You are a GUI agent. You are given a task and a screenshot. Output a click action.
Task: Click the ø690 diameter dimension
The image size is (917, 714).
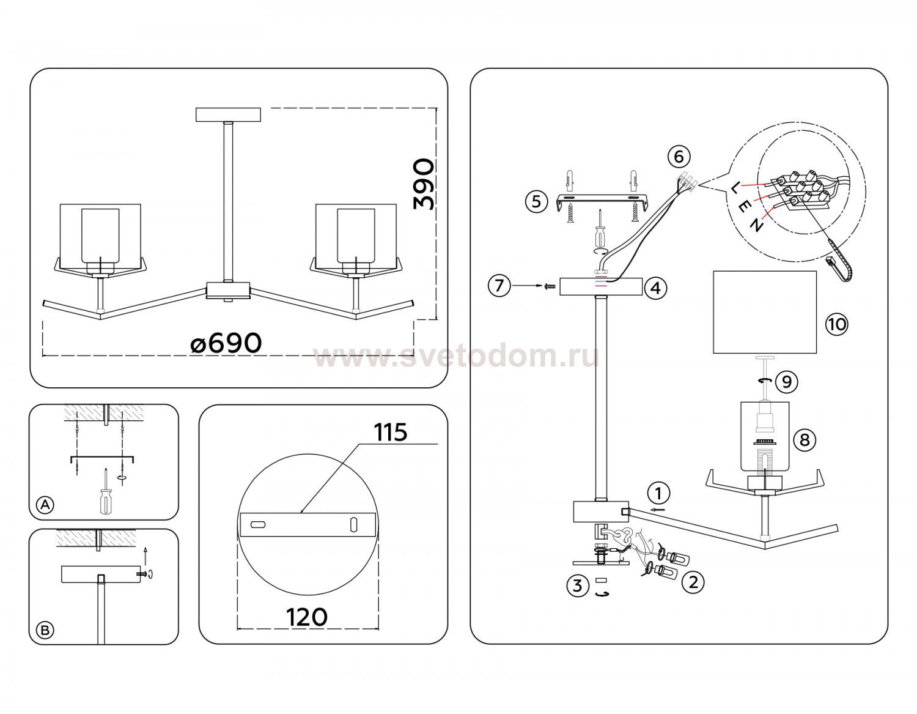tap(226, 343)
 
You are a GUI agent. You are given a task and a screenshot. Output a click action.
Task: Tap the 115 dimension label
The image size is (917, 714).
tap(391, 433)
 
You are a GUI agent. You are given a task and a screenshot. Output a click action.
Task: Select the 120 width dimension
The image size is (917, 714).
tap(307, 617)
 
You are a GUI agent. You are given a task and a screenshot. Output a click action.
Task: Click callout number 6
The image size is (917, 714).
tap(679, 156)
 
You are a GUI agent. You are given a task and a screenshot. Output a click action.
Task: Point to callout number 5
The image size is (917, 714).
tap(536, 201)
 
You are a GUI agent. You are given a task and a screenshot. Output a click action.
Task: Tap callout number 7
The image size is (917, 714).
tap(499, 286)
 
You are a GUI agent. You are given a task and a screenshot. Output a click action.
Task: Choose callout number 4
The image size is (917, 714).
tap(655, 288)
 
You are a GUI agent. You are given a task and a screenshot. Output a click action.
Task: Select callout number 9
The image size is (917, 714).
tap(787, 382)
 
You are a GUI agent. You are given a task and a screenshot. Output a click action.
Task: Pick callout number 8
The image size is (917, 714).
tap(805, 440)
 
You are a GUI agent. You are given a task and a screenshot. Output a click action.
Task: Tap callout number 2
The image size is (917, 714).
tap(693, 582)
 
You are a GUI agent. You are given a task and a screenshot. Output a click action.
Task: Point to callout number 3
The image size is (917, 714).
tap(577, 586)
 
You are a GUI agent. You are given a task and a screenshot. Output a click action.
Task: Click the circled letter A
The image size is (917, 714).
tap(46, 505)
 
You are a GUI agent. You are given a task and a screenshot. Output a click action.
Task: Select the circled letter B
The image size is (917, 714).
tap(45, 630)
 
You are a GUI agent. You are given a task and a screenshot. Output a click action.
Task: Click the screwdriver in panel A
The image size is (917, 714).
tap(106, 491)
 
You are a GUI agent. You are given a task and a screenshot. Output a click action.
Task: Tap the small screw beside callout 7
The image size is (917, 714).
tap(549, 286)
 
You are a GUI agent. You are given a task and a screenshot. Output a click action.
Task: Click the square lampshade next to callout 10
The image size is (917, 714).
tap(764, 312)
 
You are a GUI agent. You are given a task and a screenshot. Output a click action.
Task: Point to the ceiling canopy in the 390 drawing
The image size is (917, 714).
tap(228, 114)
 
